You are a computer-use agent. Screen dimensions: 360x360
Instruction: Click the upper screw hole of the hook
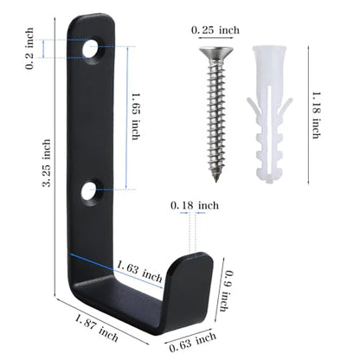(91, 49)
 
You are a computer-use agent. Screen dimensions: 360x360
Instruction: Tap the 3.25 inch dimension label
(47, 163)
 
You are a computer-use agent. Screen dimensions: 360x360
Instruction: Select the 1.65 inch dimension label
(136, 116)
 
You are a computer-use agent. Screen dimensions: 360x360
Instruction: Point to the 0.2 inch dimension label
(29, 48)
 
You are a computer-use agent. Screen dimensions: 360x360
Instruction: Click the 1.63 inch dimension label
(139, 272)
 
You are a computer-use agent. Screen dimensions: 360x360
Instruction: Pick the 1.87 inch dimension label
(96, 328)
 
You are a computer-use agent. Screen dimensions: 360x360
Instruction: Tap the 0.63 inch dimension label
(192, 341)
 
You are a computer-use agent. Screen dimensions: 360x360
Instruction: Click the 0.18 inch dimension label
(195, 206)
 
